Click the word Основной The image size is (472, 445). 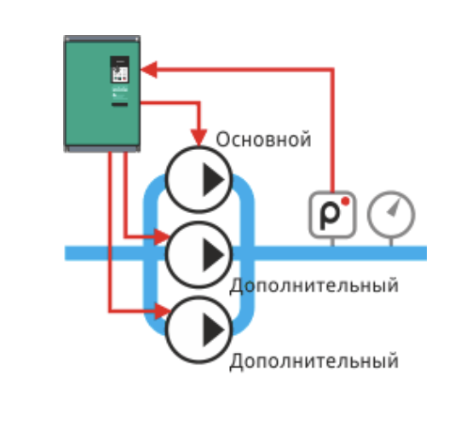(x=263, y=140)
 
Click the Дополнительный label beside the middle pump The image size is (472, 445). (x=314, y=286)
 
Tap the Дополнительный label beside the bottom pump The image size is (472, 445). (x=314, y=361)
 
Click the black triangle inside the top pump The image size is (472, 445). (x=214, y=180)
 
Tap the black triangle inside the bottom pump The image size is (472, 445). (x=214, y=330)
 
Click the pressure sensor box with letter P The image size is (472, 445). (x=332, y=215)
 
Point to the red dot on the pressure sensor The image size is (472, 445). (x=346, y=201)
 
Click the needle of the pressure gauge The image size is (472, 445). (x=394, y=208)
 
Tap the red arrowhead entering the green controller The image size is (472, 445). (x=149, y=70)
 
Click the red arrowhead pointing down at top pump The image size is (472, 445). (x=199, y=138)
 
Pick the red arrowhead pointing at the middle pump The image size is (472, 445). (x=162, y=237)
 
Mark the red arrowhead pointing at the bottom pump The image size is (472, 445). (x=163, y=311)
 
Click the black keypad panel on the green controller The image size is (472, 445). (x=120, y=70)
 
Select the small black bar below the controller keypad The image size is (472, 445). (x=120, y=105)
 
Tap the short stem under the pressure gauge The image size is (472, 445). (x=391, y=242)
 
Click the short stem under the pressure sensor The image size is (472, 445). (x=332, y=242)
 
